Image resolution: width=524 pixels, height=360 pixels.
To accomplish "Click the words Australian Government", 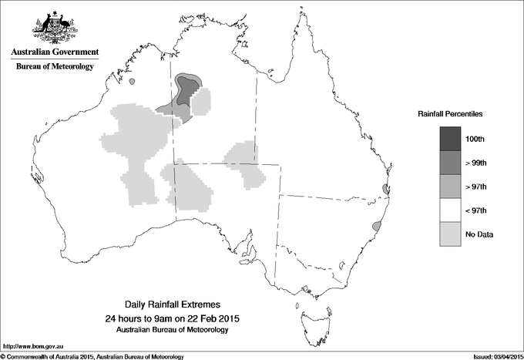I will [x=54, y=52].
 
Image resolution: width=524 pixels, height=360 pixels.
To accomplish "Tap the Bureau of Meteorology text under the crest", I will [x=54, y=67].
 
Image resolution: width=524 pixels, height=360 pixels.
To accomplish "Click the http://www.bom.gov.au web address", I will [x=33, y=347].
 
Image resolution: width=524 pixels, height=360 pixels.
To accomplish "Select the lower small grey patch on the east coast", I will [x=376, y=226].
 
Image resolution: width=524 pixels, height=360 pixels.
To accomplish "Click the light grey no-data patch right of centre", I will [x=246, y=164].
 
